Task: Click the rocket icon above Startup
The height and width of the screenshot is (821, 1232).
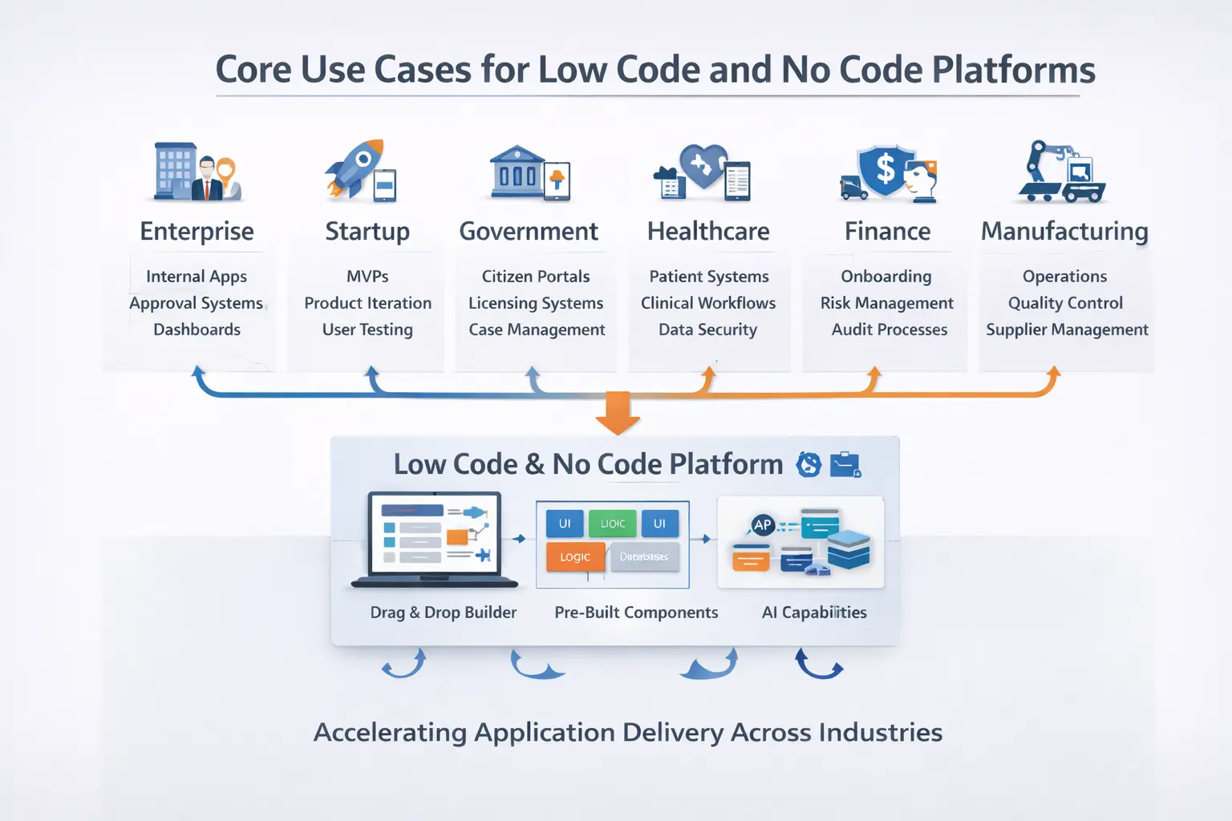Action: pyautogui.click(x=355, y=167)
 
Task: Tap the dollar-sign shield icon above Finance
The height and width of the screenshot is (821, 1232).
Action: pyautogui.click(x=885, y=170)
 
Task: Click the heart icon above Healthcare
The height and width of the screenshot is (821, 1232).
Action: pyautogui.click(x=703, y=165)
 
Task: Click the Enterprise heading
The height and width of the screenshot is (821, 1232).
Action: pyautogui.click(x=197, y=231)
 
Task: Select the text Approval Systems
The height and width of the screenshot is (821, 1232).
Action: pyautogui.click(x=197, y=303)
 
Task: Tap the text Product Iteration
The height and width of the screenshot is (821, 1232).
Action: pyautogui.click(x=367, y=303)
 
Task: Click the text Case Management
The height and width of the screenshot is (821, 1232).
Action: pyautogui.click(x=537, y=330)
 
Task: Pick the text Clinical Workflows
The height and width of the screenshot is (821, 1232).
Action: pyautogui.click(x=708, y=303)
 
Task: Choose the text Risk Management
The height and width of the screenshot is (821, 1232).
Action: pyautogui.click(x=886, y=303)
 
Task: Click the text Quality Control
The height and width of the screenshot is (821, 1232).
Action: pyautogui.click(x=1065, y=303)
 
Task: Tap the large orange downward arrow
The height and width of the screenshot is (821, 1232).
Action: pyautogui.click(x=618, y=412)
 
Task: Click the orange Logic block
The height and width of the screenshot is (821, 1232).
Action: pyautogui.click(x=575, y=556)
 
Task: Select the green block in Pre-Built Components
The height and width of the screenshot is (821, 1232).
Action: pyautogui.click(x=612, y=524)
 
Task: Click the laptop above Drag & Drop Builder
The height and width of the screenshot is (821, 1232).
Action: pyautogui.click(x=434, y=537)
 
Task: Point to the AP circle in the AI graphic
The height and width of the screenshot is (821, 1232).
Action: pyautogui.click(x=762, y=525)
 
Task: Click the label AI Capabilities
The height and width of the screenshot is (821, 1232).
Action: pyautogui.click(x=813, y=613)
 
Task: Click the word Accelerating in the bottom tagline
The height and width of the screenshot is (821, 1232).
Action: pyautogui.click(x=390, y=733)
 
